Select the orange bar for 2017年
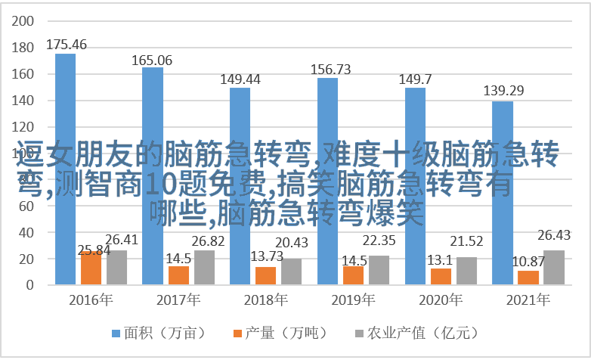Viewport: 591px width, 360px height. (178, 275)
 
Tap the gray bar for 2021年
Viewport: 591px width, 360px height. (553, 267)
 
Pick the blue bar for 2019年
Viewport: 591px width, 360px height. (327, 181)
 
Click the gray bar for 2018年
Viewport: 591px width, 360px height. (291, 272)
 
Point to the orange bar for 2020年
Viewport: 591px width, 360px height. (441, 276)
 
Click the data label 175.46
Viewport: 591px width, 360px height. (67, 45)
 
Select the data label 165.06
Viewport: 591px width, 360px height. (152, 60)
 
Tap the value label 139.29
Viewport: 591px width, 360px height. (503, 92)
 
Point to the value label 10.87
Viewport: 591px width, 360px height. (528, 261)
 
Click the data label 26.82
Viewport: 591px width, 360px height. (208, 241)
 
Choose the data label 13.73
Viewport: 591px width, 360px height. (265, 257)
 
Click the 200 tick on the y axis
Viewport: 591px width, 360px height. (24, 21)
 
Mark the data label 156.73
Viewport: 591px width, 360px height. (330, 69)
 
